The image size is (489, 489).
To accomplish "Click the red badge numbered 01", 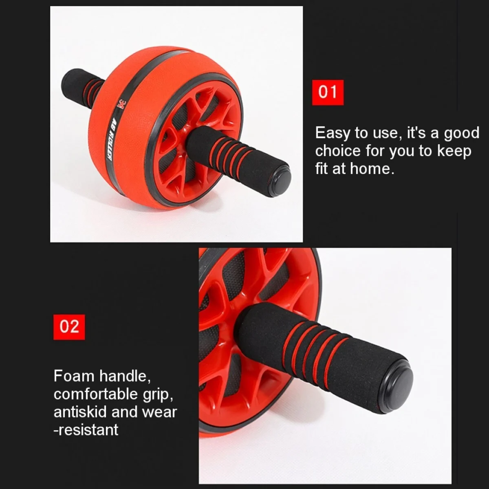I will (x=328, y=92).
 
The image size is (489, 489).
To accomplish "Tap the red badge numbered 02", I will (x=69, y=326).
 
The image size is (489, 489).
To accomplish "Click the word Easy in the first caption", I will (x=332, y=133).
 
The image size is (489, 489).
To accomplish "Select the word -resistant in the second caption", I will (x=86, y=430).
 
